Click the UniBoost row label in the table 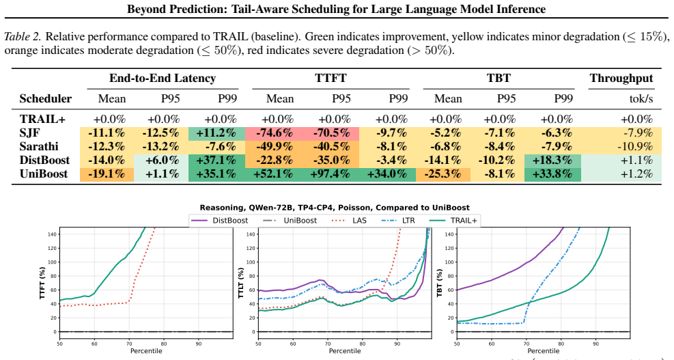[x=44, y=174]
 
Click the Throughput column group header [x=621, y=79]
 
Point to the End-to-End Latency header [x=163, y=79]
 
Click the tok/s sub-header [x=641, y=98]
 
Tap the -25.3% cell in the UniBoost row [x=443, y=174]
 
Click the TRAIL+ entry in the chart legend [x=453, y=221]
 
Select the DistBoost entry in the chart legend [x=220, y=221]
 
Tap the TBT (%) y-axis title [x=439, y=284]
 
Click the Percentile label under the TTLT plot [x=345, y=351]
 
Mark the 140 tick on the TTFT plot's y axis [x=52, y=234]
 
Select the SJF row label [x=29, y=133]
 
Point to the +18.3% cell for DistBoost [x=552, y=161]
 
